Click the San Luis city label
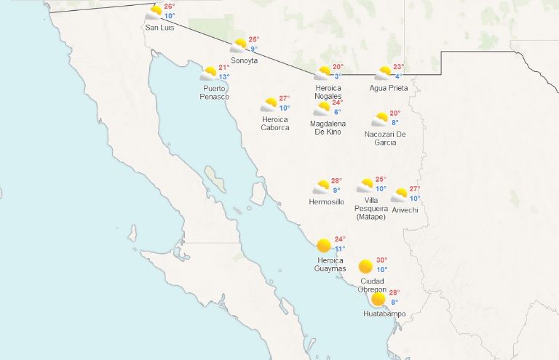[x=159, y=28]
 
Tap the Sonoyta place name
[x=244, y=60]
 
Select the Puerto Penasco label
[x=215, y=92]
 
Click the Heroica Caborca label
[x=275, y=123]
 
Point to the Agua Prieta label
[x=389, y=88]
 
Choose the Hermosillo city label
[x=326, y=201]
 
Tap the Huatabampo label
[x=385, y=314]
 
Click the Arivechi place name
[x=405, y=210]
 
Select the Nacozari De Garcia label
[x=385, y=137]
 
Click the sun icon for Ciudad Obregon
[x=365, y=266]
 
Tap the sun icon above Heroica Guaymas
[x=324, y=245]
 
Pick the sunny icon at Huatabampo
[x=378, y=299]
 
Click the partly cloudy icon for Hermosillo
[x=321, y=187]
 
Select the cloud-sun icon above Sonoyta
[x=239, y=46]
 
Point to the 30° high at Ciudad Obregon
[x=382, y=260]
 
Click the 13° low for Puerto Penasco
[x=224, y=77]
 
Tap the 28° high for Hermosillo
[x=336, y=181]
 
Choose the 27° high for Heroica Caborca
[x=285, y=99]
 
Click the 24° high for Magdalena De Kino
[x=338, y=103]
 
